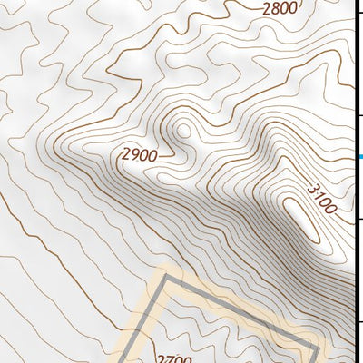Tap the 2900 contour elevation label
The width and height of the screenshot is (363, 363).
[x=138, y=155]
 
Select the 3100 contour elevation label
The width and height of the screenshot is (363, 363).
[x=320, y=199]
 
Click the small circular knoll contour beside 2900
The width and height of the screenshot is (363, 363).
[x=184, y=131]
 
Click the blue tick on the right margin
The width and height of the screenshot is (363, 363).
[x=359, y=157]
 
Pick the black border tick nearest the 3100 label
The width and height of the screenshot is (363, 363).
[x=359, y=219]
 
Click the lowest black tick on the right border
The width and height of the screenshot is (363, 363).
[x=359, y=322]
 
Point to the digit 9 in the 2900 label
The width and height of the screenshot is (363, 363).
[x=132, y=154]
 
